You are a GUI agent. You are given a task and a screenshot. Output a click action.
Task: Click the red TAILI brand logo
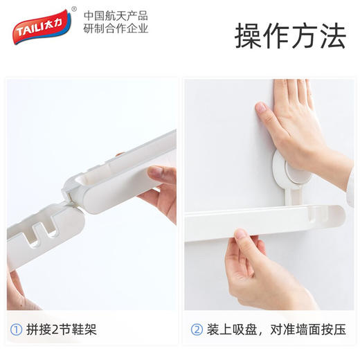click(x=40, y=25)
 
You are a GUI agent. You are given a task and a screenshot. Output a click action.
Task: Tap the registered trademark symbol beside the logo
click(x=74, y=10)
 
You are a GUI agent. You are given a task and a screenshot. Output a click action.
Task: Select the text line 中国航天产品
click(x=116, y=15)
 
